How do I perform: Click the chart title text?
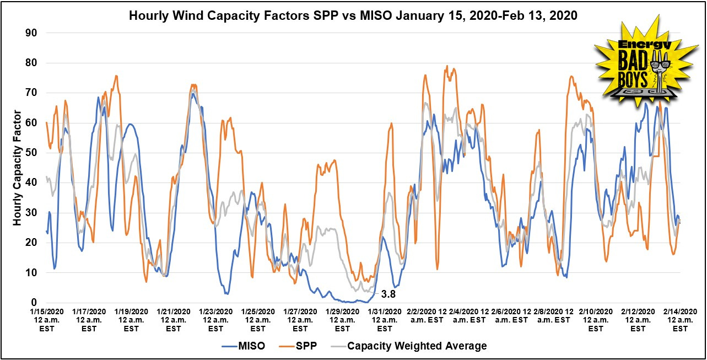click(353, 15)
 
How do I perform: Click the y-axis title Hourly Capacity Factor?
click(17, 168)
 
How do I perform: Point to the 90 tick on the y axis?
click(31, 33)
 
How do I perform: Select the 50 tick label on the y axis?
click(31, 153)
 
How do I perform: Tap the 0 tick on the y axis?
click(34, 303)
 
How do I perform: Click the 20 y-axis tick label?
click(31, 243)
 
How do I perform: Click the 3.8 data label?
click(388, 287)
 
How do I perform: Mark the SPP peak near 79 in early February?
click(447, 66)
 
